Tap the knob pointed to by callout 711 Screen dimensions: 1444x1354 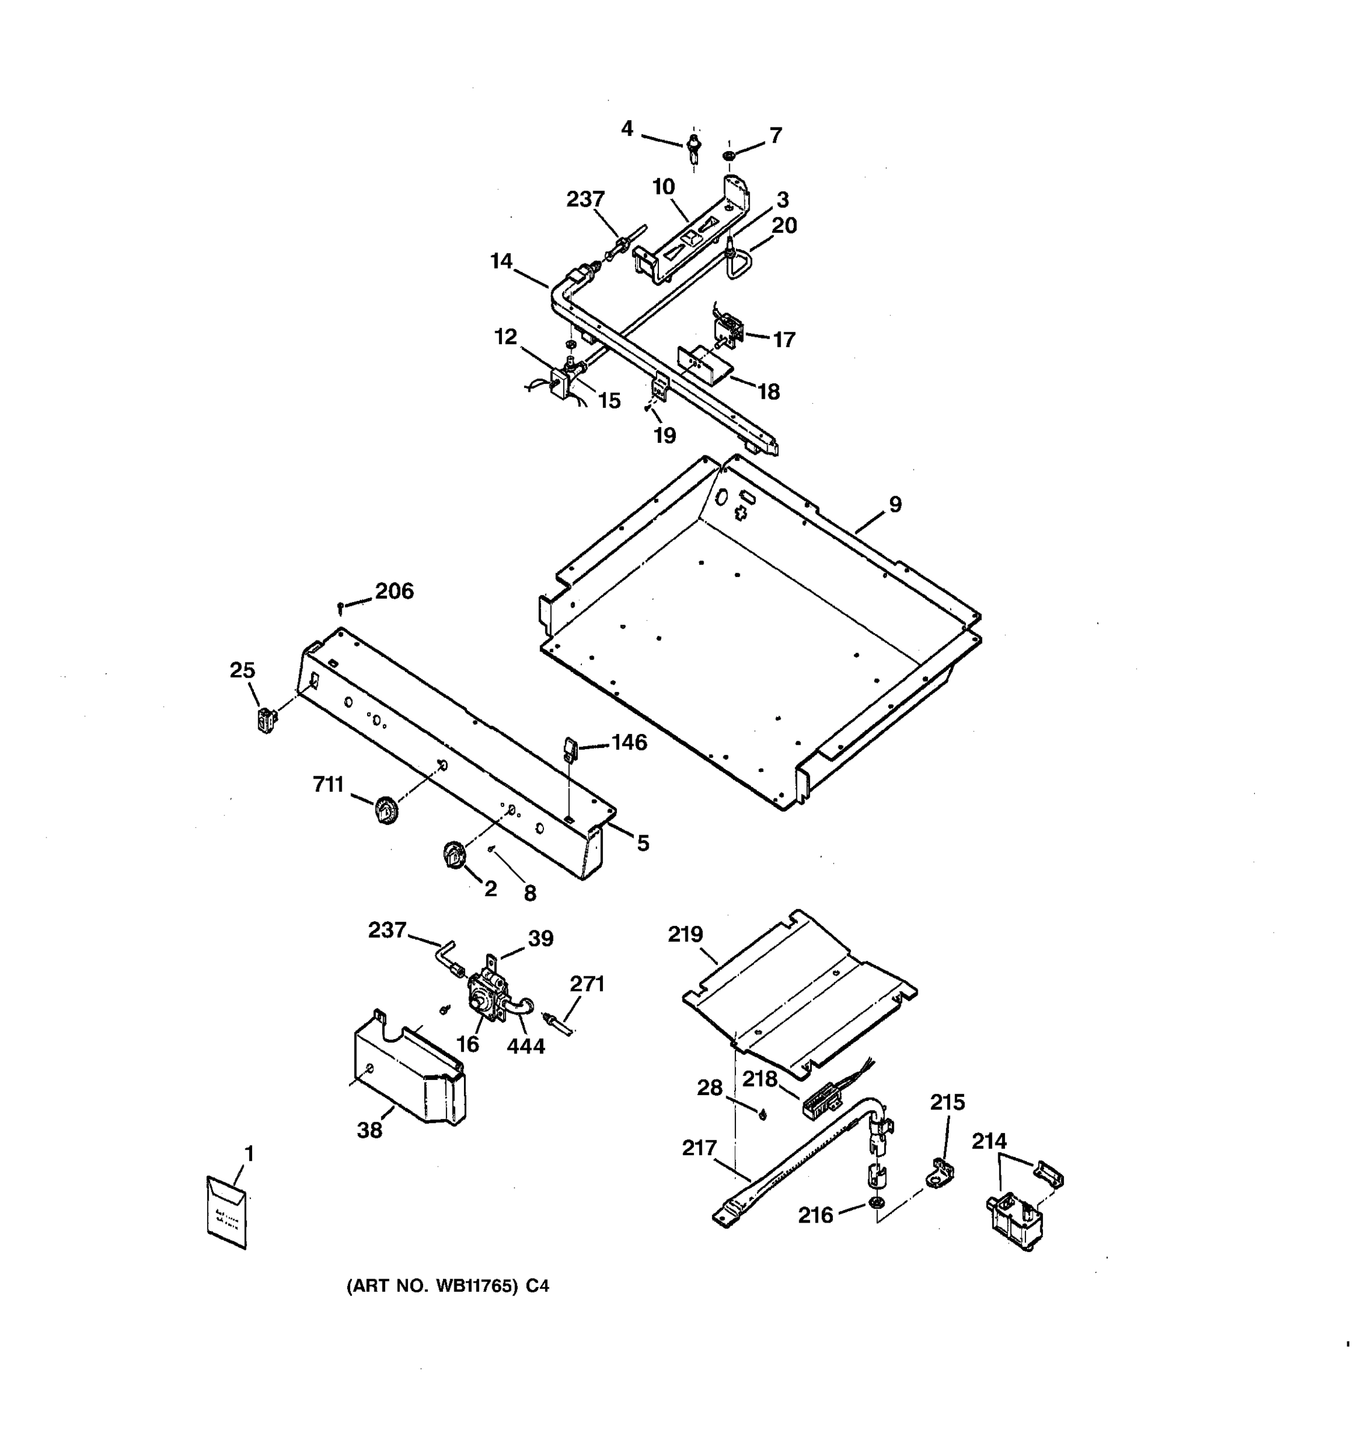coord(386,810)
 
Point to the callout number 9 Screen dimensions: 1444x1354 coord(895,504)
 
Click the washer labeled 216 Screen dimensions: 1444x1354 coord(877,1203)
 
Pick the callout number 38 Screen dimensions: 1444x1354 coord(369,1129)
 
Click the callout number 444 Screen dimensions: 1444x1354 coord(526,1046)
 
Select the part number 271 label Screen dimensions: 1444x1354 coord(587,984)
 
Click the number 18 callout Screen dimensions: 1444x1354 coord(768,392)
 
